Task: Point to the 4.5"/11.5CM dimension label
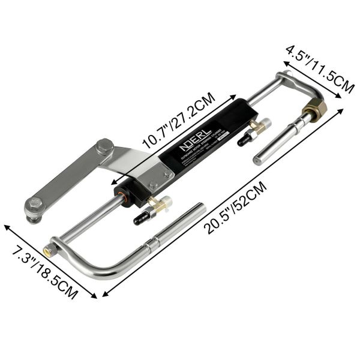click(x=319, y=69)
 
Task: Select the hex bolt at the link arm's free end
click(x=34, y=206)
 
